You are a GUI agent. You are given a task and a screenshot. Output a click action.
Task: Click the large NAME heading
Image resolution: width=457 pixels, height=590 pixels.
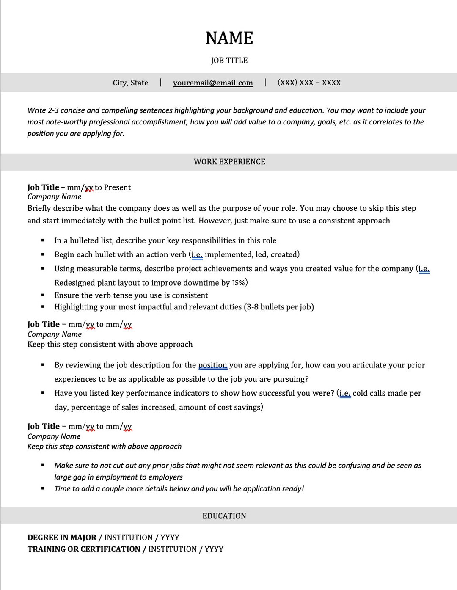pyautogui.click(x=229, y=38)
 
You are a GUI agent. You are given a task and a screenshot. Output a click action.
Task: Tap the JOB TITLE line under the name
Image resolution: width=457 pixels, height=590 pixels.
pyautogui.click(x=229, y=61)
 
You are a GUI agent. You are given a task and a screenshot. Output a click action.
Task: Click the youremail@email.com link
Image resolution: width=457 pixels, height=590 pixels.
pyautogui.click(x=213, y=83)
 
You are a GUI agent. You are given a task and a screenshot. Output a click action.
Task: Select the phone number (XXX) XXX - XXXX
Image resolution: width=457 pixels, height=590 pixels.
pyautogui.click(x=309, y=83)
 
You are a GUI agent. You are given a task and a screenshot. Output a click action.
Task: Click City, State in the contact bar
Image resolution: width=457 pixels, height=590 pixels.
pyautogui.click(x=130, y=83)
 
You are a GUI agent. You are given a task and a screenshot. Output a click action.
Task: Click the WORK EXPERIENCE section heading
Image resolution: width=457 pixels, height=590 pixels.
pyautogui.click(x=229, y=162)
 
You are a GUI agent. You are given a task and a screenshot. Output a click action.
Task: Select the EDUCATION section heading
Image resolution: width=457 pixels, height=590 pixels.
pyautogui.click(x=224, y=516)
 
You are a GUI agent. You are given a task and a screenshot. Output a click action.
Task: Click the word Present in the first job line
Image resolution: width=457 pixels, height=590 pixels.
pyautogui.click(x=117, y=187)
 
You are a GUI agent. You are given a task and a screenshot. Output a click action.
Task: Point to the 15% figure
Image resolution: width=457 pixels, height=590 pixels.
pyautogui.click(x=239, y=283)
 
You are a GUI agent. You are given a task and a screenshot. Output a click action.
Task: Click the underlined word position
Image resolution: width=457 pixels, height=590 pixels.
pyautogui.click(x=212, y=365)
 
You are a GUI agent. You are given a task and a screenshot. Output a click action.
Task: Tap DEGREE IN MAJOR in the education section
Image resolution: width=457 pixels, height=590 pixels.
pyautogui.click(x=62, y=538)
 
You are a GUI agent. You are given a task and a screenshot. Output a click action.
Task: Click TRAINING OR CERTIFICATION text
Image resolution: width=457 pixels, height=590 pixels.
pyautogui.click(x=84, y=549)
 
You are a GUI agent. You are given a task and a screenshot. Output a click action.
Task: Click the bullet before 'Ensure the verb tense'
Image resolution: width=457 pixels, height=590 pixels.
pyautogui.click(x=43, y=295)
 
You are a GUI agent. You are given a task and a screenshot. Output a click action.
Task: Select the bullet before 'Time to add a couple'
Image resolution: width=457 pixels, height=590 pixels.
pyautogui.click(x=43, y=488)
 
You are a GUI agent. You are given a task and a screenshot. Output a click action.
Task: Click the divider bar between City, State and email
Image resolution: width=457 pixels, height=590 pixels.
pyautogui.click(x=161, y=83)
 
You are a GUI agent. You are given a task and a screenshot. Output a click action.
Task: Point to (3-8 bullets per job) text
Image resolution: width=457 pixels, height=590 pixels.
pyautogui.click(x=279, y=307)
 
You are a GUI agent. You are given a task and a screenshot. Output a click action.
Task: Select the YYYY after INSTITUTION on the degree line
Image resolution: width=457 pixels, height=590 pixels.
pyautogui.click(x=170, y=538)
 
